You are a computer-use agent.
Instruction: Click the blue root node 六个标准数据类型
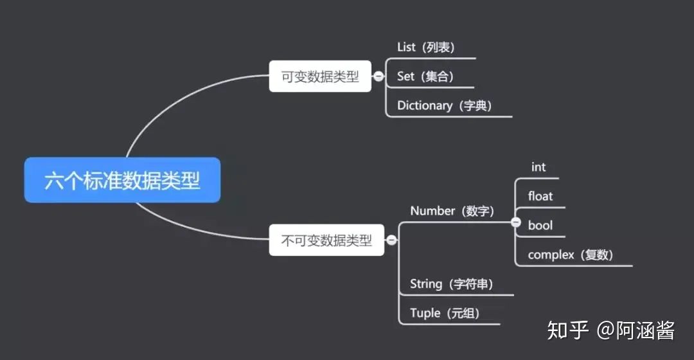[x=122, y=180]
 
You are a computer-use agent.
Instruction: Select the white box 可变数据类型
[x=320, y=76]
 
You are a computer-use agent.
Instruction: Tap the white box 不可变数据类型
[x=326, y=240]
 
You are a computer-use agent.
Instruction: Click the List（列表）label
[x=426, y=47]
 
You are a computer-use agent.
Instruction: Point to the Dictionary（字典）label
[x=444, y=105]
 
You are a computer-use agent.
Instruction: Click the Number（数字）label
[x=452, y=211]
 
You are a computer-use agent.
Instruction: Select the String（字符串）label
[x=452, y=283]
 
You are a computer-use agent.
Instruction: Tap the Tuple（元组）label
[x=445, y=313]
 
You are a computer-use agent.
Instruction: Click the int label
[x=538, y=167]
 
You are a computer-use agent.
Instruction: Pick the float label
[x=540, y=196]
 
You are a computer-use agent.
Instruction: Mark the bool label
[x=540, y=226]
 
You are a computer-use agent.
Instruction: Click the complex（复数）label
[x=571, y=255]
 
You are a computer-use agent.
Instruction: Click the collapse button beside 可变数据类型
[x=379, y=76]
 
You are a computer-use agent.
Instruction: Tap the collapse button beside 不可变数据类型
[x=391, y=240]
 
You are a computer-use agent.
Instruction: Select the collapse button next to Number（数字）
[x=515, y=222]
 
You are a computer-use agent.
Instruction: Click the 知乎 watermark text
[x=568, y=330]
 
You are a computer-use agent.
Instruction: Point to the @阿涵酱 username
[x=636, y=330]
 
